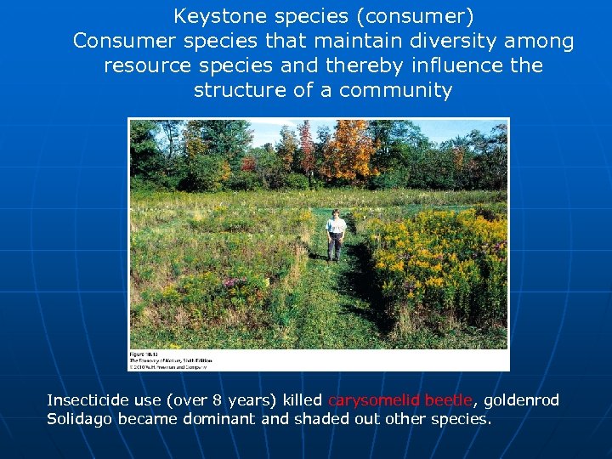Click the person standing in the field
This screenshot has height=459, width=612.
[336, 235]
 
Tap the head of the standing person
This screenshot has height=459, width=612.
[336, 213]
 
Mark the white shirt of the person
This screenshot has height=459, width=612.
[336, 225]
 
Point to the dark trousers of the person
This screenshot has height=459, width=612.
[336, 246]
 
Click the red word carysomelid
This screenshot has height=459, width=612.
[374, 400]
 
